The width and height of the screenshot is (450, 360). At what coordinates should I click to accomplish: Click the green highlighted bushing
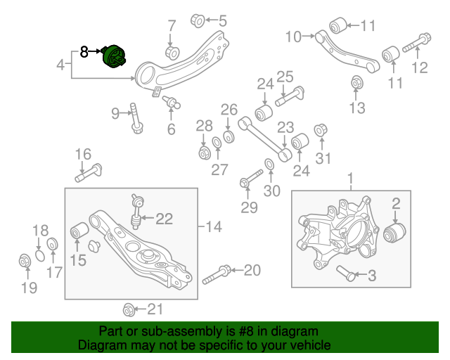pyautogui.click(x=114, y=56)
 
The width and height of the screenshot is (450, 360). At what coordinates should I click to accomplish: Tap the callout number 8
pyautogui.click(x=84, y=51)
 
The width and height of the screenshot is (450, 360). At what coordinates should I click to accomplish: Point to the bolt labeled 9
pyautogui.click(x=135, y=118)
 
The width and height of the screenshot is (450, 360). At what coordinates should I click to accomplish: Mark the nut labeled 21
pyautogui.click(x=129, y=309)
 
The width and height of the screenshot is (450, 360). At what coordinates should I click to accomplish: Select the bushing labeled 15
pyautogui.click(x=79, y=231)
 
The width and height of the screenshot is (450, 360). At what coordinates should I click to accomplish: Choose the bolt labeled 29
pyautogui.click(x=247, y=181)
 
